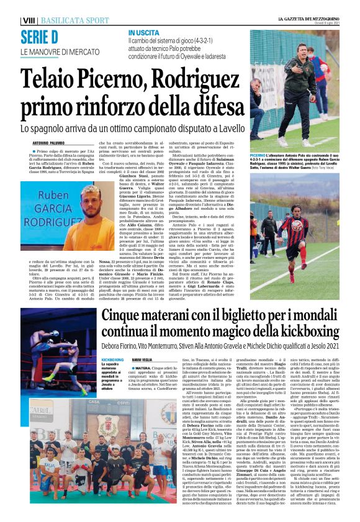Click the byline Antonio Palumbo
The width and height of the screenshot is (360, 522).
[48, 142]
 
